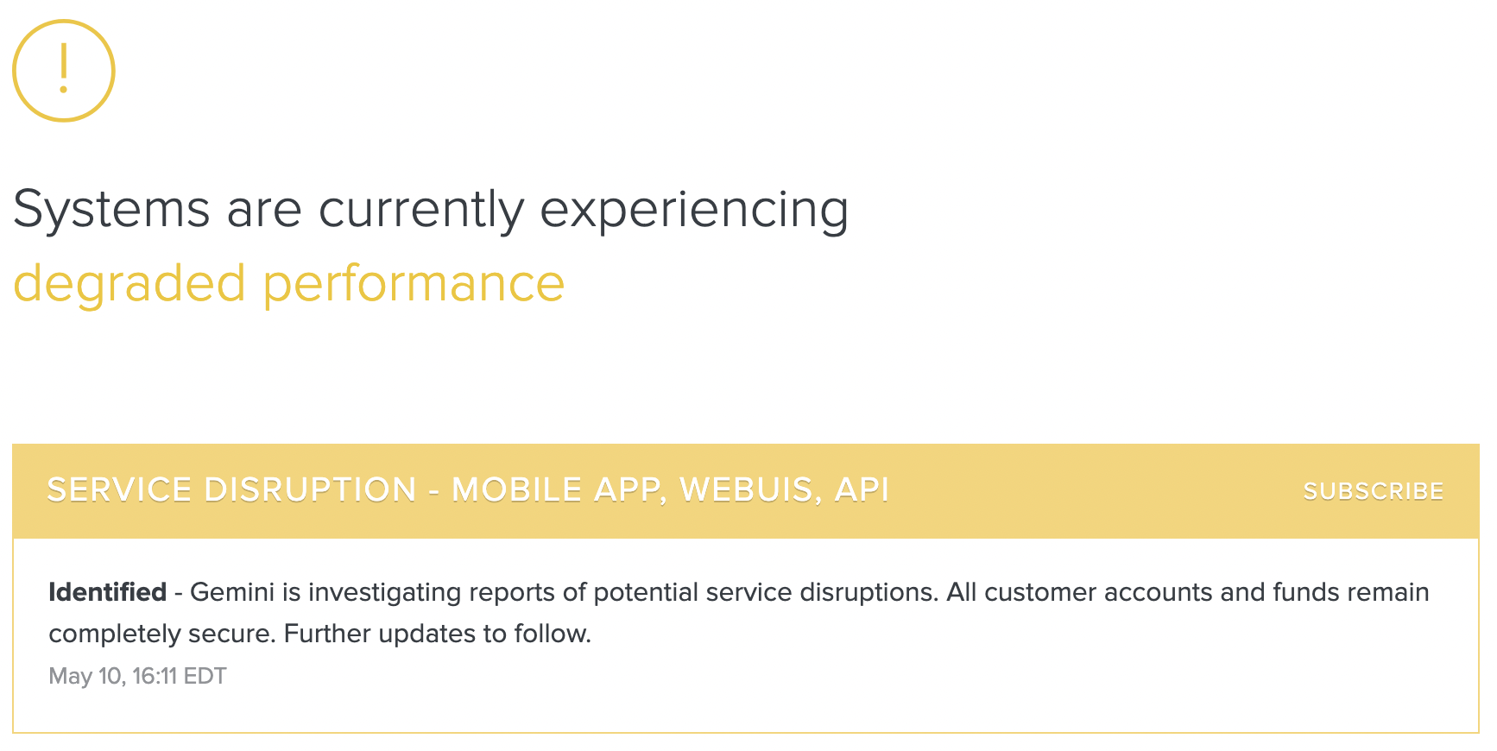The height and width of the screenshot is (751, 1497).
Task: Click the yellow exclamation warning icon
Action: pyautogui.click(x=63, y=70)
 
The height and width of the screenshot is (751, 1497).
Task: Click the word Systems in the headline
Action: pyautogui.click(x=111, y=211)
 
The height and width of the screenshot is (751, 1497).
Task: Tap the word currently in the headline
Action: pyautogui.click(x=421, y=211)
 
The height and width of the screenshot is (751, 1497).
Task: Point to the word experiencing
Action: pyautogui.click(x=694, y=211)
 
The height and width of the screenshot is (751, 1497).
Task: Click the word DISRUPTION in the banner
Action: pyautogui.click(x=310, y=490)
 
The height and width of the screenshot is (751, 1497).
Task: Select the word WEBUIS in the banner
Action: pyautogui.click(x=746, y=490)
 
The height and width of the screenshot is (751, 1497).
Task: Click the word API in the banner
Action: pyautogui.click(x=862, y=490)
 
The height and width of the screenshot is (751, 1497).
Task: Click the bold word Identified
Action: pyautogui.click(x=107, y=592)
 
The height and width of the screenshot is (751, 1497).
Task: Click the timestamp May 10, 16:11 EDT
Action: pyautogui.click(x=137, y=676)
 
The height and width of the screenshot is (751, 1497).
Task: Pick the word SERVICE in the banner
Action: pyautogui.click(x=119, y=490)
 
